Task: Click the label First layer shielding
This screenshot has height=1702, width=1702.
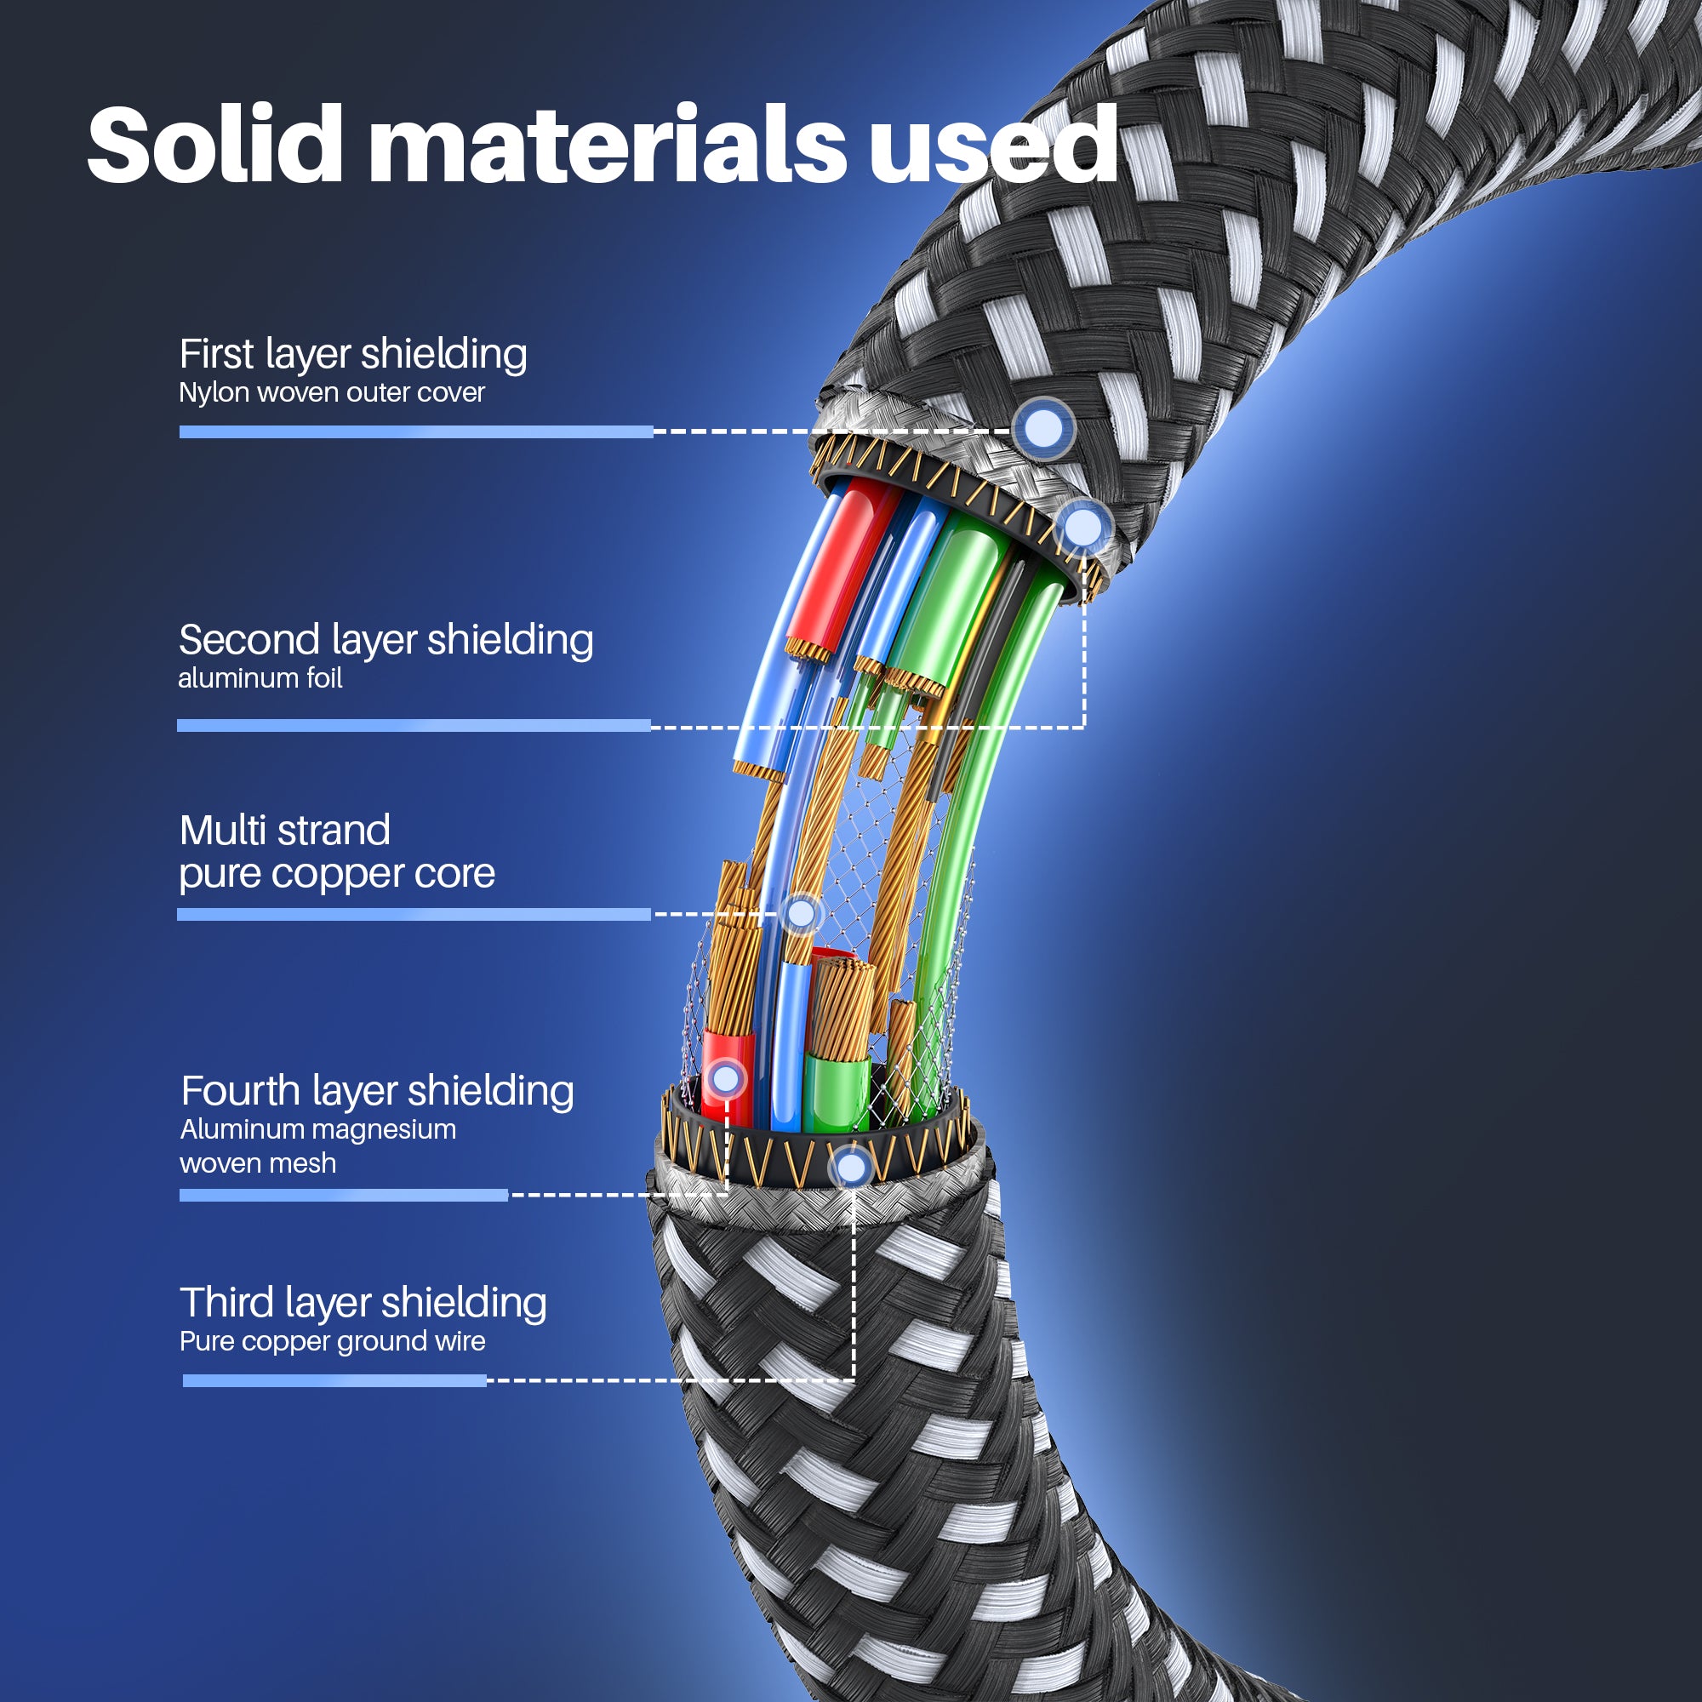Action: pyautogui.click(x=353, y=354)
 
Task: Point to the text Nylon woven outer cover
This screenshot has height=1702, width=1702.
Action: pyautogui.click(x=331, y=393)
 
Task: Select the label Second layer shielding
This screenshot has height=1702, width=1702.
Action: pyautogui.click(x=386, y=641)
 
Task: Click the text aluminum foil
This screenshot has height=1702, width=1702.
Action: pyautogui.click(x=260, y=678)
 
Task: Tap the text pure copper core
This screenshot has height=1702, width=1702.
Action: pyautogui.click(x=336, y=874)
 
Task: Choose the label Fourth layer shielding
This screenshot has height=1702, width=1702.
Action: pyautogui.click(x=377, y=1092)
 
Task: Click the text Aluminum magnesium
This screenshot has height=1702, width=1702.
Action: pyautogui.click(x=318, y=1129)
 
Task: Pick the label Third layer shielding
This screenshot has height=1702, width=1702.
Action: pyautogui.click(x=363, y=1303)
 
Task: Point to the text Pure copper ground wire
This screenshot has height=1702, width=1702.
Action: pyautogui.click(x=332, y=1342)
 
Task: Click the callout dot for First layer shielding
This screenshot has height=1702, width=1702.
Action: pyautogui.click(x=1044, y=429)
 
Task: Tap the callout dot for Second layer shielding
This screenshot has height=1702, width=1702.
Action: pyautogui.click(x=1083, y=528)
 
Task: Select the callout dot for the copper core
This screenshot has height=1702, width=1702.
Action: pyautogui.click(x=801, y=913)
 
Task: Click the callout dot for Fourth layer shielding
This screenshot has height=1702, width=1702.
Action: pyautogui.click(x=726, y=1078)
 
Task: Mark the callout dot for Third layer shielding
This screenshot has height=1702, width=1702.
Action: pyautogui.click(x=851, y=1168)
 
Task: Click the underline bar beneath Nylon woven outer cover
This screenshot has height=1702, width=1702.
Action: pyautogui.click(x=416, y=431)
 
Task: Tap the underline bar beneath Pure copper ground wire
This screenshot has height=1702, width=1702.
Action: pyautogui.click(x=334, y=1380)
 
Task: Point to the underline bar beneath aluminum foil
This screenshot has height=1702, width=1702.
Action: pyautogui.click(x=414, y=726)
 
